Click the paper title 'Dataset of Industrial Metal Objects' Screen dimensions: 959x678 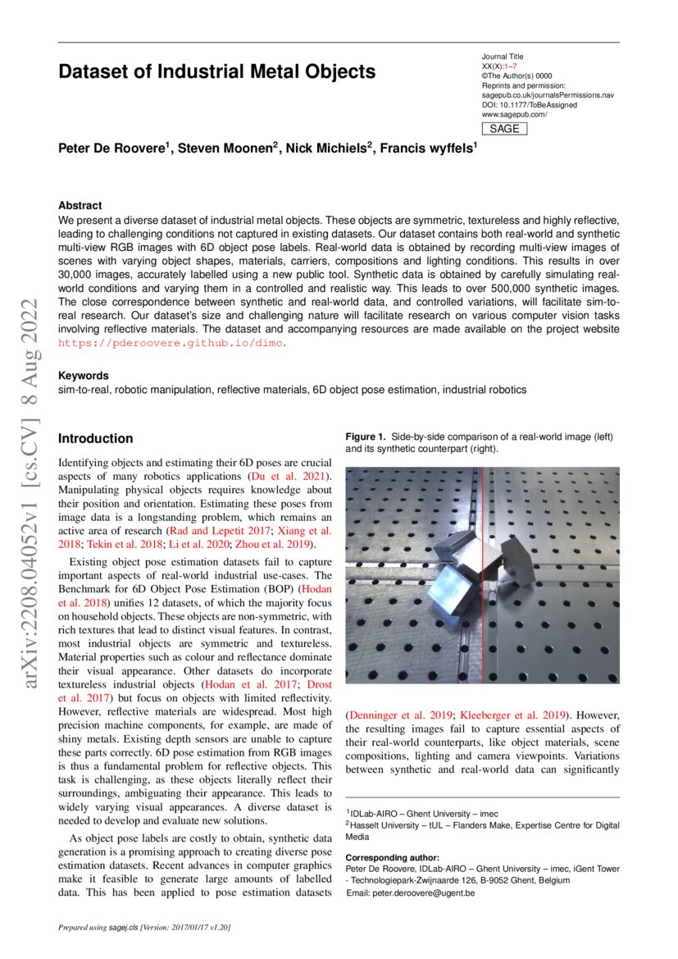coord(216,72)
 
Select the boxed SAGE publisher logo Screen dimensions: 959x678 coord(503,129)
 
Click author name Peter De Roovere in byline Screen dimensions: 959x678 coord(112,148)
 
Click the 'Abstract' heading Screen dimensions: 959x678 coord(80,206)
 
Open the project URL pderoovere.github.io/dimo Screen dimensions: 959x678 coord(171,343)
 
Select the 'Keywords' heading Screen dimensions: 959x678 coord(83,376)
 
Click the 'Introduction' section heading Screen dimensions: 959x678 coord(95,439)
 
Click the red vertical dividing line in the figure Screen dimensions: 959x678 coord(482,574)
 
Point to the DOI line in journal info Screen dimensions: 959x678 coord(529,105)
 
